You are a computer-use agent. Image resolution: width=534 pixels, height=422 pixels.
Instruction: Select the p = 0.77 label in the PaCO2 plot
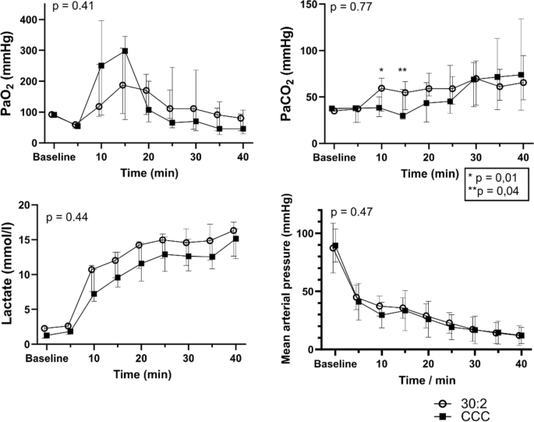351,8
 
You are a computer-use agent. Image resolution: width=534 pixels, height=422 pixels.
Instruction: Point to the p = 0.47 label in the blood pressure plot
352,211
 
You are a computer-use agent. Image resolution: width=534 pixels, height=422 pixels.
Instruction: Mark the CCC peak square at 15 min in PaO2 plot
125,51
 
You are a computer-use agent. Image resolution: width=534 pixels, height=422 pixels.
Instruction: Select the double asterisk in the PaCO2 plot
403,71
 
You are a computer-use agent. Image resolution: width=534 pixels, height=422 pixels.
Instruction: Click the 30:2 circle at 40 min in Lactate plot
234,231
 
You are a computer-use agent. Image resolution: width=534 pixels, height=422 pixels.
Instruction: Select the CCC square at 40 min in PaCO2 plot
522,75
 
